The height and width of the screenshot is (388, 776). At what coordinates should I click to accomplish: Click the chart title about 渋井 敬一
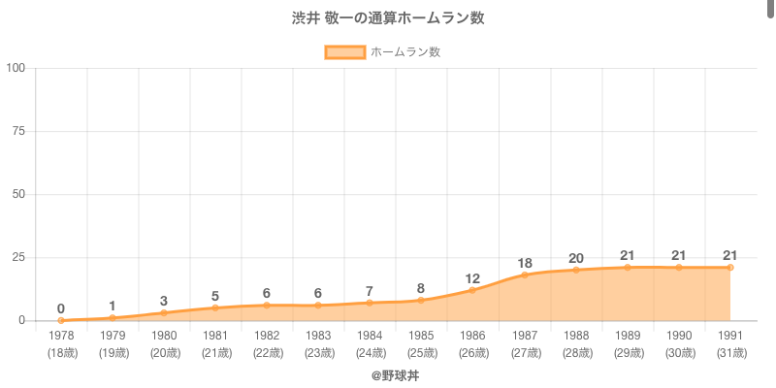(x=388, y=18)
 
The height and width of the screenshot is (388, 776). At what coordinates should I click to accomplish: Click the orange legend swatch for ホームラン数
(x=344, y=51)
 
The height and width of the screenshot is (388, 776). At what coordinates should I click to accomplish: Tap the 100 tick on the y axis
(x=16, y=68)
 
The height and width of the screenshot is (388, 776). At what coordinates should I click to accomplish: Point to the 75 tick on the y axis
(x=18, y=131)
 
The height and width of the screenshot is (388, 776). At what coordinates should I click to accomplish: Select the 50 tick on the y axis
(x=18, y=194)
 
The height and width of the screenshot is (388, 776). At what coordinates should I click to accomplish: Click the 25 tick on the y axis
(x=18, y=257)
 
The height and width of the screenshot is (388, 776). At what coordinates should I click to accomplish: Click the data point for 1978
(x=61, y=320)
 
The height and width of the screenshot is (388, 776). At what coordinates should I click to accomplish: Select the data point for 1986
(x=472, y=290)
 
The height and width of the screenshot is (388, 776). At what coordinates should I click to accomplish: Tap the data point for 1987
(x=525, y=275)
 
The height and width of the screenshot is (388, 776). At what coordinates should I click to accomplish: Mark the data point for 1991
(x=730, y=267)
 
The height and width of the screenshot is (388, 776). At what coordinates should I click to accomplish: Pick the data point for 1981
(x=215, y=307)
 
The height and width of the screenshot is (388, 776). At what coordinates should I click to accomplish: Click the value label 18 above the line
(x=525, y=263)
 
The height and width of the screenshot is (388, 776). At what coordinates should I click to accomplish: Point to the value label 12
(x=472, y=278)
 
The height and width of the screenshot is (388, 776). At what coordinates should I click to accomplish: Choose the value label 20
(x=576, y=258)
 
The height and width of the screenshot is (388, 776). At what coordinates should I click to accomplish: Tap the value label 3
(x=164, y=301)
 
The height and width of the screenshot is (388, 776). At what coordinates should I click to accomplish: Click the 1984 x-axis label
(x=370, y=335)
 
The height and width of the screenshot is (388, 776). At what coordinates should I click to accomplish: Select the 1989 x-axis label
(x=628, y=335)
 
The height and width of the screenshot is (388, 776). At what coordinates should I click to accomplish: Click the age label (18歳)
(x=61, y=352)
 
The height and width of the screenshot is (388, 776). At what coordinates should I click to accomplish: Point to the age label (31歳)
(x=730, y=352)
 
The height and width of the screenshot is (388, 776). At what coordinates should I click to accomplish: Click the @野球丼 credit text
(x=388, y=375)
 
